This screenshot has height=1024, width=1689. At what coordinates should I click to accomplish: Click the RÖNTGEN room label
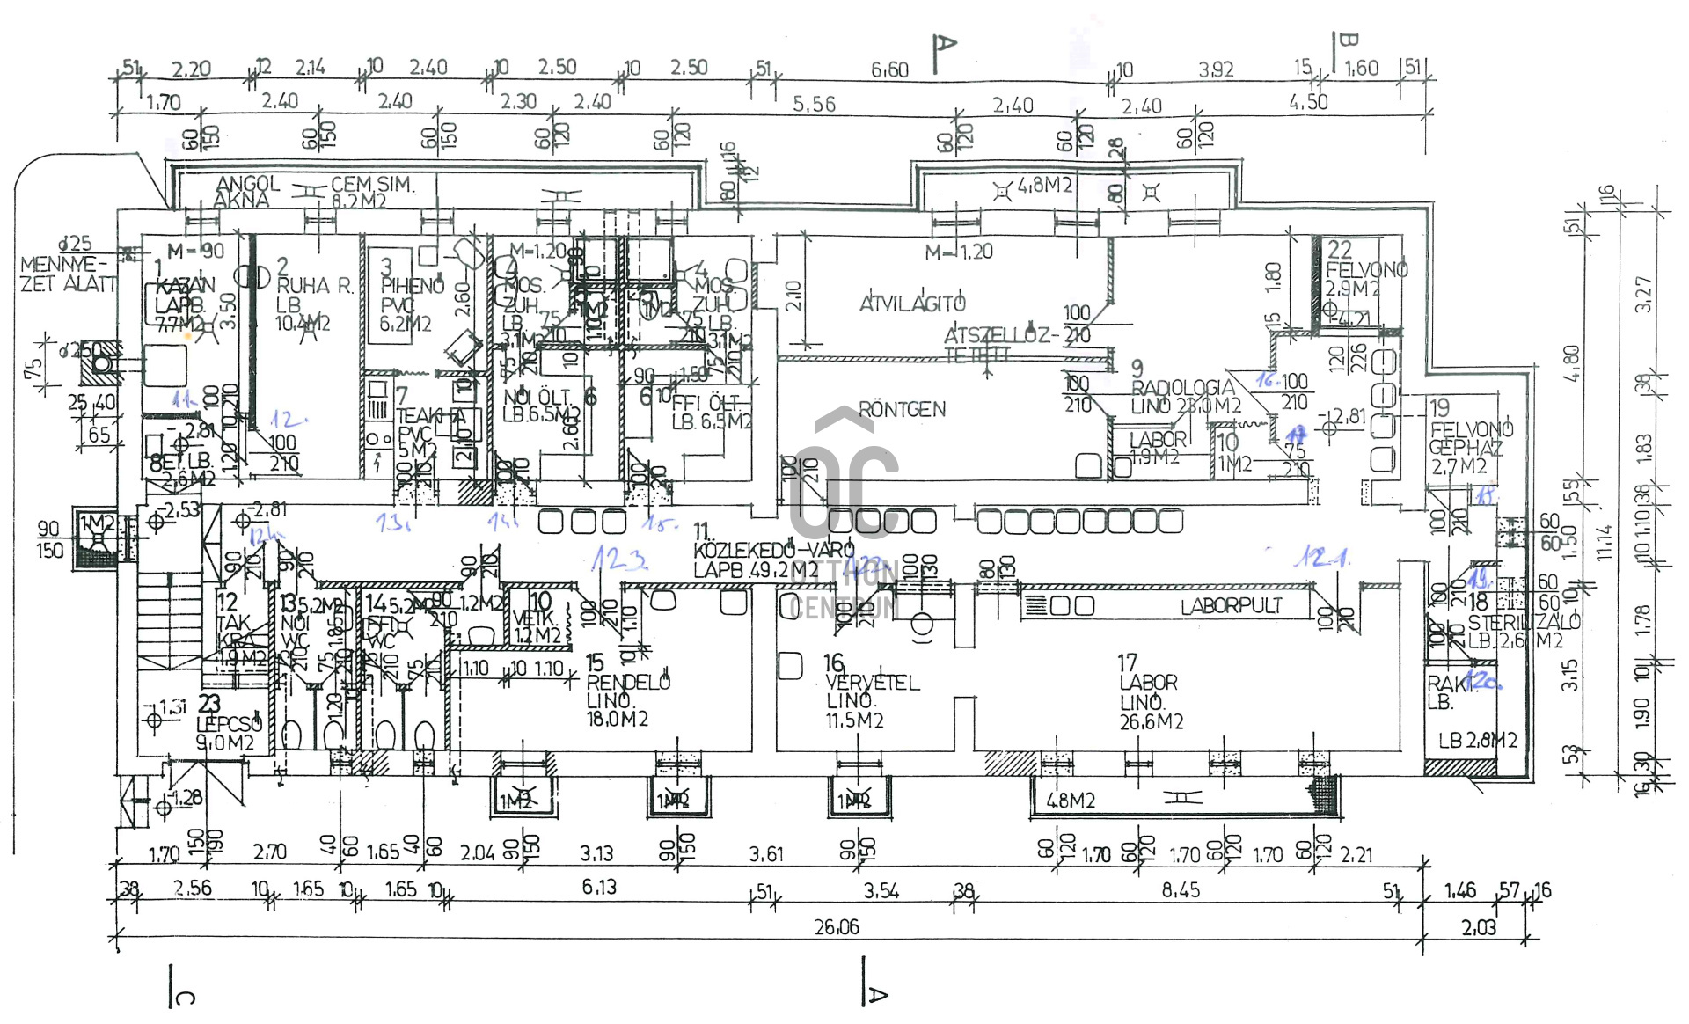pyautogui.click(x=902, y=409)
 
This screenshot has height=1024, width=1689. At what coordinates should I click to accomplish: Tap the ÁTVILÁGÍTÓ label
pyautogui.click(x=912, y=304)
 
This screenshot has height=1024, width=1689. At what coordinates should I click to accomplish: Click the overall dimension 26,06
pyautogui.click(x=836, y=926)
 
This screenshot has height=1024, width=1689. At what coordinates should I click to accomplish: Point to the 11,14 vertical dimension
pyautogui.click(x=1605, y=542)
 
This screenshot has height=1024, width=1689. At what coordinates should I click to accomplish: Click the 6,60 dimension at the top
pyautogui.click(x=889, y=69)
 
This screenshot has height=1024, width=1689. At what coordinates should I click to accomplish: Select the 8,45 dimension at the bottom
pyautogui.click(x=1180, y=889)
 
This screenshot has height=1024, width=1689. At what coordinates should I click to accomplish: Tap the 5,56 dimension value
pyautogui.click(x=814, y=104)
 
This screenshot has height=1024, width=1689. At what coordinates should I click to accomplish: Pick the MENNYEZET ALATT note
pyautogui.click(x=67, y=274)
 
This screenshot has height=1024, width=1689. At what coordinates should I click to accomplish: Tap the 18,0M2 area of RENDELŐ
pyautogui.click(x=618, y=719)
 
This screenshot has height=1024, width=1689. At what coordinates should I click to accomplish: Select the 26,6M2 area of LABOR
pyautogui.click(x=1151, y=721)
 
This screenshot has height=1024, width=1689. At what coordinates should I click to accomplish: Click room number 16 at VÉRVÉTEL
pyautogui.click(x=833, y=662)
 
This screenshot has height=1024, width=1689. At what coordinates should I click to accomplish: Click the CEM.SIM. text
pyautogui.click(x=371, y=185)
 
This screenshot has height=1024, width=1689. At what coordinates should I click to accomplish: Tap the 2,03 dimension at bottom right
pyautogui.click(x=1478, y=927)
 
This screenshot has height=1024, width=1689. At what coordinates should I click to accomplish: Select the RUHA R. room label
pyautogui.click(x=314, y=285)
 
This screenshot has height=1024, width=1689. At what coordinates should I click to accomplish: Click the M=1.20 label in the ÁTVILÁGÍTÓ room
pyautogui.click(x=958, y=252)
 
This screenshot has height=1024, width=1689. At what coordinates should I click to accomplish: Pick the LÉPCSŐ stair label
pyautogui.click(x=229, y=724)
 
